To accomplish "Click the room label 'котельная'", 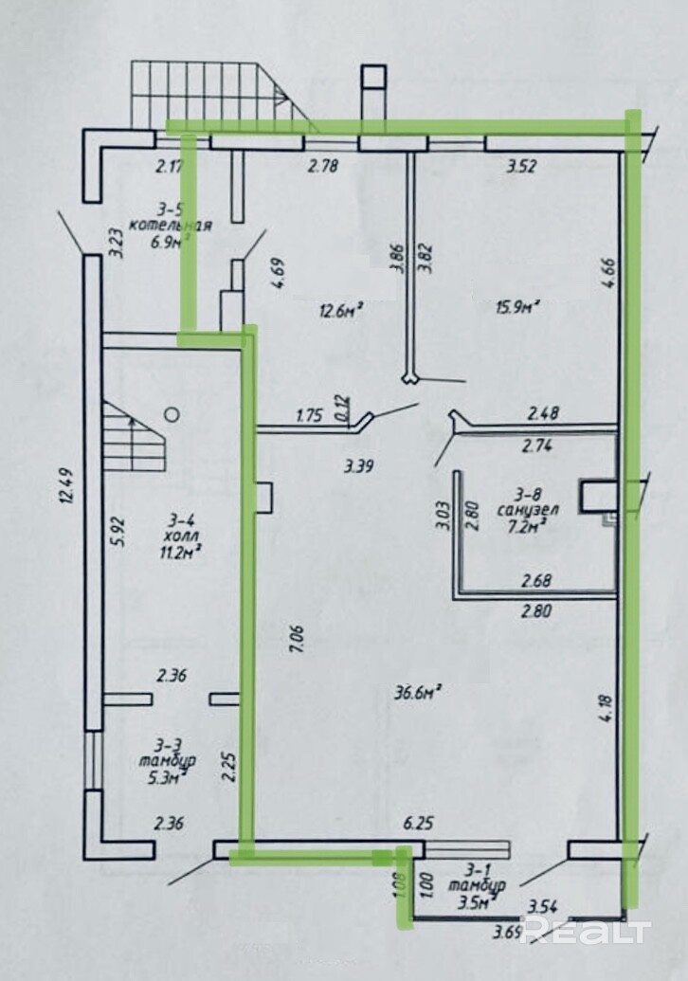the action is (170, 226).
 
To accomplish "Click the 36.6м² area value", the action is (414, 693).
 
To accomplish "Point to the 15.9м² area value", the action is (516, 308).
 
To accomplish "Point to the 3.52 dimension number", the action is (521, 167).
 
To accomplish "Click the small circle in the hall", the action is (173, 413).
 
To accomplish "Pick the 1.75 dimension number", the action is (310, 415).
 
